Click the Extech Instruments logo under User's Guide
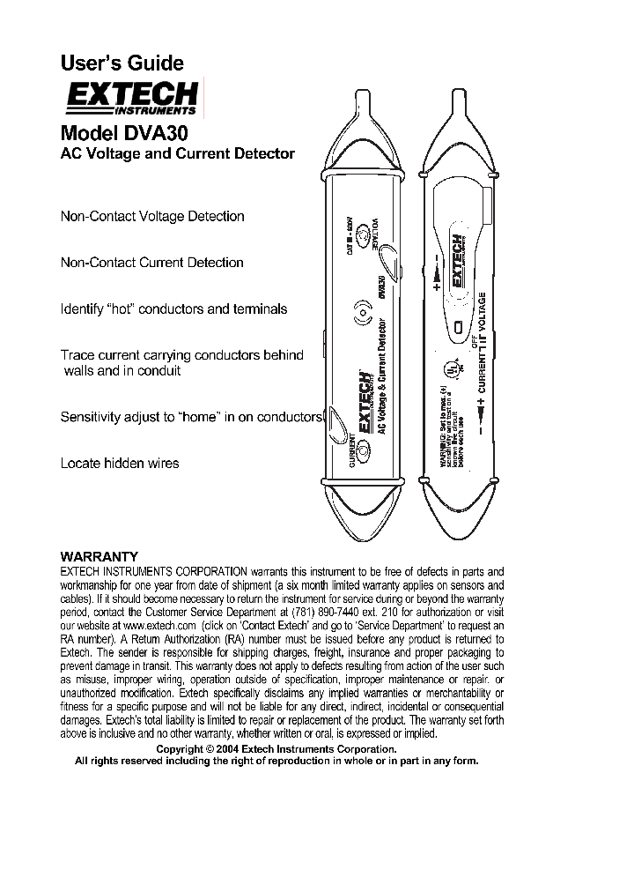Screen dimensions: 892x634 coord(131,98)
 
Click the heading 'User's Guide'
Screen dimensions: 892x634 coord(122,63)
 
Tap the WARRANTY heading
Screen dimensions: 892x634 coord(99,556)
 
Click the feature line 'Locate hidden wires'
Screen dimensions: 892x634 coord(119,463)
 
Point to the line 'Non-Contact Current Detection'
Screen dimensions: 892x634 coord(151,262)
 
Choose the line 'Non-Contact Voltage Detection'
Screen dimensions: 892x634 coord(151,216)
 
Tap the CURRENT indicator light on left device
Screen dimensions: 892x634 coord(362,457)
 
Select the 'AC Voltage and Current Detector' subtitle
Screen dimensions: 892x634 coord(177,153)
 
